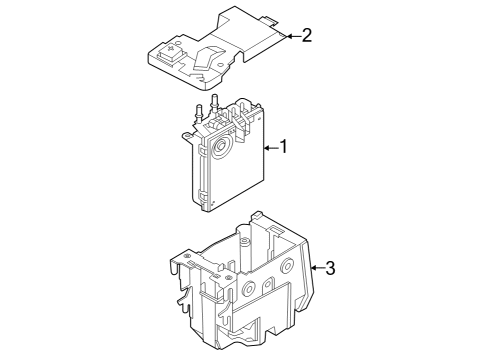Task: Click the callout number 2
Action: pyautogui.click(x=307, y=36)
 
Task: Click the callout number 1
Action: pyautogui.click(x=283, y=148)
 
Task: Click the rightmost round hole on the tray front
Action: pyautogui.click(x=287, y=268)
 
